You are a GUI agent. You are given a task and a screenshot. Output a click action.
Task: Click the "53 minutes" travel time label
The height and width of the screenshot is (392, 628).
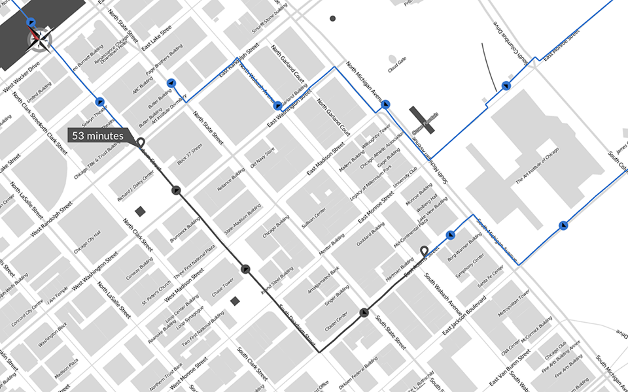pos(98,136)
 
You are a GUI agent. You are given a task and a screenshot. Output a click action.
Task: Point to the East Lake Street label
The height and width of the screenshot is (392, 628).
pos(156,38)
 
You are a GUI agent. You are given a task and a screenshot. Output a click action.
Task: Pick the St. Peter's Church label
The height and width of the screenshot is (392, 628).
pos(156,292)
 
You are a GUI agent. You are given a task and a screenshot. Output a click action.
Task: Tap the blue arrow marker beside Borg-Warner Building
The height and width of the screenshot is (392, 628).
pos(450,235)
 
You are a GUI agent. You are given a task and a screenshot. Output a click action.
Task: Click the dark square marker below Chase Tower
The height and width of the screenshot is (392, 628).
pos(235,301)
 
